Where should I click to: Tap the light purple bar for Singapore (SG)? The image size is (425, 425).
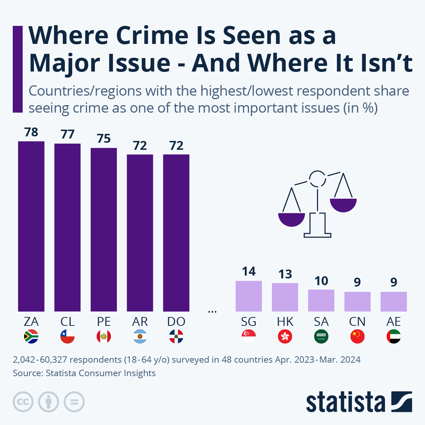pyautogui.click(x=249, y=296)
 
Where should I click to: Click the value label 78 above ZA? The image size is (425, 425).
pyautogui.click(x=31, y=132)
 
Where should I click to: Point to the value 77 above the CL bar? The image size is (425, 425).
pyautogui.click(x=67, y=135)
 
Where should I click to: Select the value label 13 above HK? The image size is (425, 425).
pyautogui.click(x=285, y=274)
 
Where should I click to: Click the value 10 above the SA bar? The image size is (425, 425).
pyautogui.click(x=321, y=281)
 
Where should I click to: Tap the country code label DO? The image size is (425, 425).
pyautogui.click(x=176, y=322)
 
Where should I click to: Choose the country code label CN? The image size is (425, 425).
pyautogui.click(x=357, y=322)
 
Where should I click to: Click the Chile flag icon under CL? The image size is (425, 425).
pyautogui.click(x=67, y=336)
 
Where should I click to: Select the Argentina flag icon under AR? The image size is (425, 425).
pyautogui.click(x=140, y=336)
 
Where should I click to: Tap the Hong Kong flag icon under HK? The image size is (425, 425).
pyautogui.click(x=285, y=336)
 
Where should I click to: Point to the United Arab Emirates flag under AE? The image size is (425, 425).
pyautogui.click(x=393, y=336)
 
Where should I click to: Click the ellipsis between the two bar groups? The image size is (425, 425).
pyautogui.click(x=212, y=312)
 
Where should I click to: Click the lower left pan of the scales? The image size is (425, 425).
pyautogui.click(x=291, y=219)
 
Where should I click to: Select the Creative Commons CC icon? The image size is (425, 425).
pyautogui.click(x=23, y=402)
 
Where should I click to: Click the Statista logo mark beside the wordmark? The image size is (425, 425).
pyautogui.click(x=402, y=402)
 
